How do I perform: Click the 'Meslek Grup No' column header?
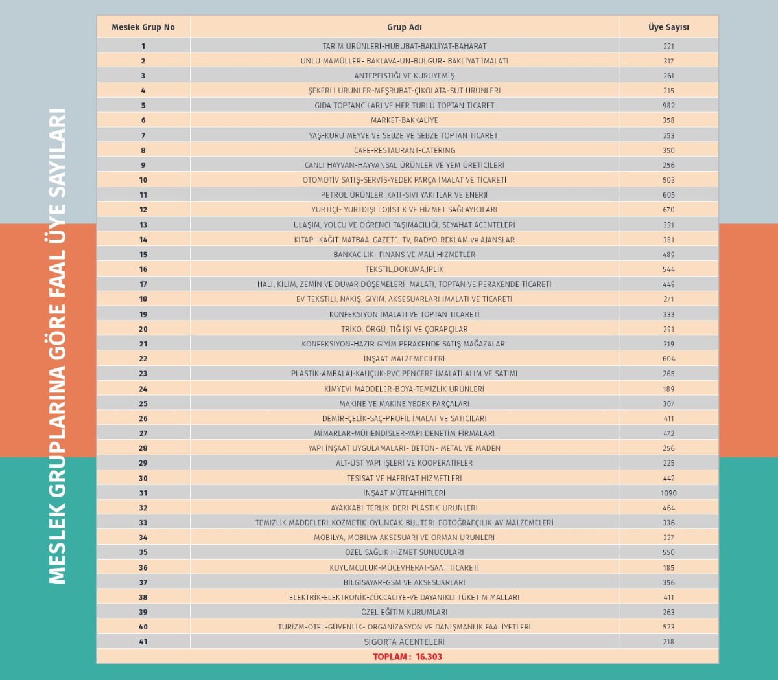(143, 27)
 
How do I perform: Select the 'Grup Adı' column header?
(404, 27)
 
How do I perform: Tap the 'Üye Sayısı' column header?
(668, 27)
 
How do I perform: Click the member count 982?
(668, 105)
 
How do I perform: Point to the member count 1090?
(668, 493)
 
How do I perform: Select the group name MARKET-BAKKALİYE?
(404, 120)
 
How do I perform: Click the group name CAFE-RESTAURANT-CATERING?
(404, 150)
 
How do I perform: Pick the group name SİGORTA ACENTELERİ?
(404, 642)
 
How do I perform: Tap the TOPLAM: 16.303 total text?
(407, 657)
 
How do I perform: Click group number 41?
(143, 642)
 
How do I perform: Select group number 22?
(143, 359)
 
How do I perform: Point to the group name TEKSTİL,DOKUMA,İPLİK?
(404, 269)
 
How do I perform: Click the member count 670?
(668, 209)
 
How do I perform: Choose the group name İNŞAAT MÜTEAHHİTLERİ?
(404, 493)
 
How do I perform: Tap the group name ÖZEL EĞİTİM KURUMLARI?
(404, 611)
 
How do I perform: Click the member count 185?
(668, 567)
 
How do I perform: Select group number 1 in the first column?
(143, 46)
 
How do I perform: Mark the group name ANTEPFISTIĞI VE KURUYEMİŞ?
(404, 76)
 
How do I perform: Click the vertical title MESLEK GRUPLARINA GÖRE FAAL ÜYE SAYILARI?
(58, 346)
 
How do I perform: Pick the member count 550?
(668, 552)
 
